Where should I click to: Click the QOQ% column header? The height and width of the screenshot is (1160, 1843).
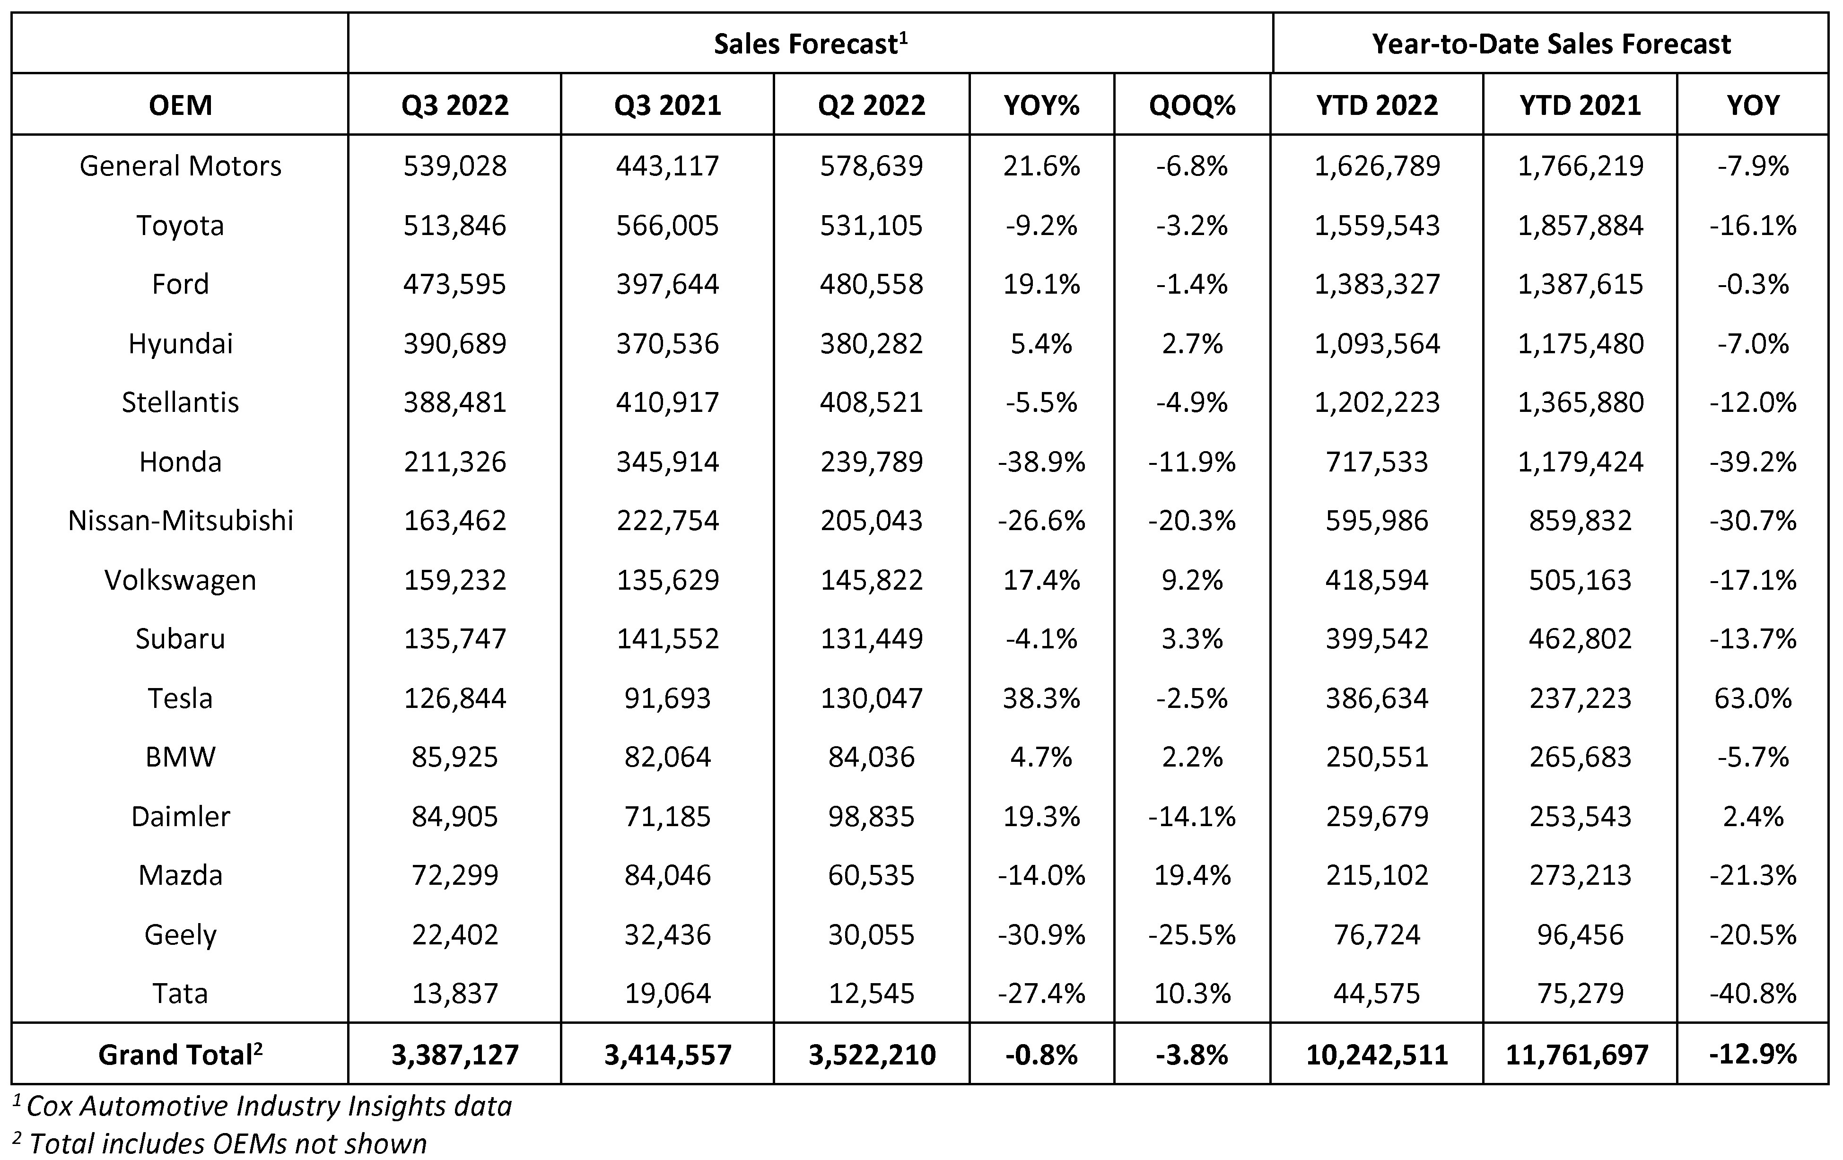tap(1192, 105)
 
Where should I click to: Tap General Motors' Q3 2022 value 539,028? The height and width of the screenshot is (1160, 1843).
tap(454, 166)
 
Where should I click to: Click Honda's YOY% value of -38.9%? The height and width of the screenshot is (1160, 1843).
tap(1041, 462)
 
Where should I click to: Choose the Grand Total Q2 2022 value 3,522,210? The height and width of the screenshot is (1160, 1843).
tap(871, 1055)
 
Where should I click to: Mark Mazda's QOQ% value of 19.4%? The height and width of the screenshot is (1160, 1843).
tap(1192, 874)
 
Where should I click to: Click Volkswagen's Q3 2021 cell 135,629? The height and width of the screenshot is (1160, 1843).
tap(667, 580)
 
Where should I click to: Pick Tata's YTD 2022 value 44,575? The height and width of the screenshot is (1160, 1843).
tap(1376, 993)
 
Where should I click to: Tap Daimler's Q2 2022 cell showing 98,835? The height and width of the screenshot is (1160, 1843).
tap(871, 816)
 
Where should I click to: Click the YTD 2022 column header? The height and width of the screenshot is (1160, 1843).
tap(1376, 105)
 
